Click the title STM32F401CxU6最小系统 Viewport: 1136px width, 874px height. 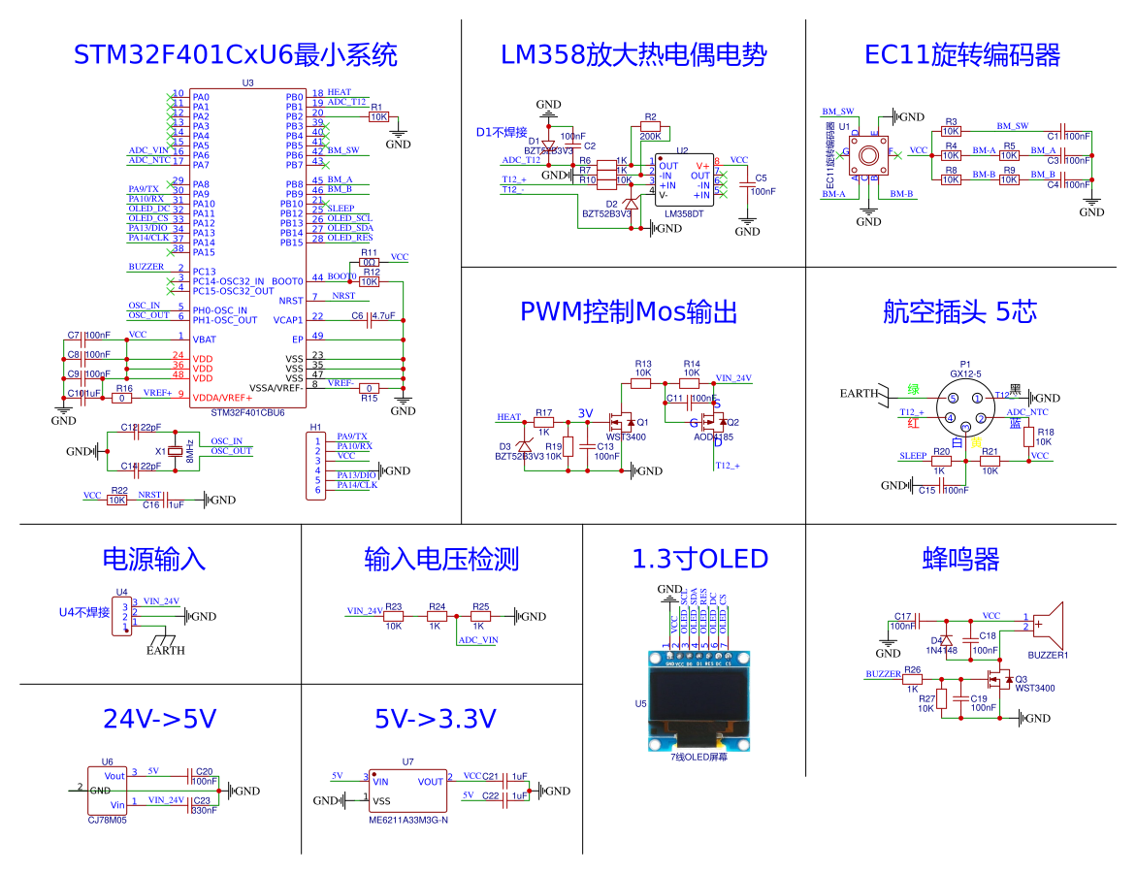(236, 54)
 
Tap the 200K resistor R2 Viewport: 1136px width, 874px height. (650, 126)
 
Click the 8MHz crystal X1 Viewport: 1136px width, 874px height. (175, 451)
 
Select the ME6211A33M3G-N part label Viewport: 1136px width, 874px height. (407, 820)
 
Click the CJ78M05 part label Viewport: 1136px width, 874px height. (108, 820)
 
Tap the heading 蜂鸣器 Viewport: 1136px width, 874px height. (960, 559)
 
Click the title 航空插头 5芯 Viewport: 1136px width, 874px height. (959, 311)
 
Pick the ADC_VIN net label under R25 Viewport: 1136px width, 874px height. (478, 640)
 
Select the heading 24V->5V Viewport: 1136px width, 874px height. (159, 719)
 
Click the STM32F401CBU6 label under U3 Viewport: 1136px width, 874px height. (248, 412)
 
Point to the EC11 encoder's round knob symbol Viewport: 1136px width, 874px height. (868, 152)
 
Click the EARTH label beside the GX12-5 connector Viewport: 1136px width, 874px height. (859, 393)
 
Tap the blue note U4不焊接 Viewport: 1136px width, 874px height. (84, 612)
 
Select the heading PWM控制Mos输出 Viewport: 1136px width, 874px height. (629, 311)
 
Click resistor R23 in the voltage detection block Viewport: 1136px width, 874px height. (393, 616)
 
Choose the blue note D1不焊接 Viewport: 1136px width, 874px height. (502, 132)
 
